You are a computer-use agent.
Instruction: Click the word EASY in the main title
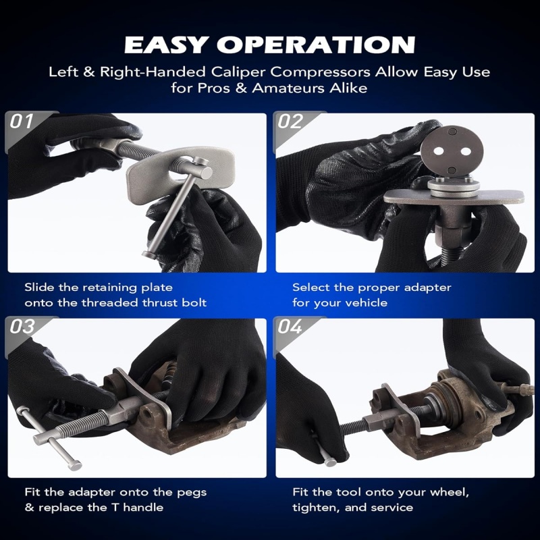point(165,45)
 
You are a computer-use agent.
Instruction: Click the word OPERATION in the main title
point(316,45)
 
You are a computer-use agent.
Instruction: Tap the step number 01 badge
point(22,122)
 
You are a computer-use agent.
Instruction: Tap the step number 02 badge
point(290,122)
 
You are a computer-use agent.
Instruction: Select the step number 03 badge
point(22,327)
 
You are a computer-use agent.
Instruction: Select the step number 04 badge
point(290,327)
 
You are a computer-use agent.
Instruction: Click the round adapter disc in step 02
point(452,152)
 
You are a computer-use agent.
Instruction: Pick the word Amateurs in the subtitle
point(288,88)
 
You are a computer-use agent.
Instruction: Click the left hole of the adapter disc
point(438,151)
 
